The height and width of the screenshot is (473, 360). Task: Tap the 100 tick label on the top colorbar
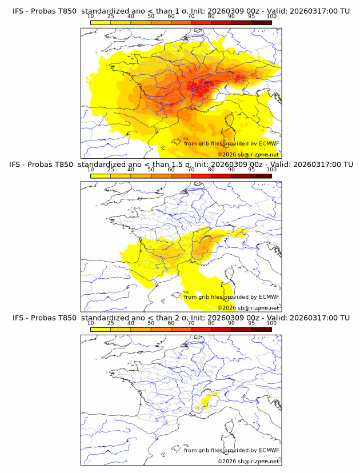271,16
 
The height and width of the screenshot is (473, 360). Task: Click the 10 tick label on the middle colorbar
90,170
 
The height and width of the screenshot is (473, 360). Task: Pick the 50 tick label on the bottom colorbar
151,323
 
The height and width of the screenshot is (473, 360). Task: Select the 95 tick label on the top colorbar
251,16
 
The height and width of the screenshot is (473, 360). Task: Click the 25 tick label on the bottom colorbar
110,323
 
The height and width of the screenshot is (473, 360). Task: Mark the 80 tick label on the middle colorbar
211,170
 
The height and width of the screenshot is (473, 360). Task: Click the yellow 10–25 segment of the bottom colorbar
100,329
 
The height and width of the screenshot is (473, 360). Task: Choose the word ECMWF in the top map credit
269,143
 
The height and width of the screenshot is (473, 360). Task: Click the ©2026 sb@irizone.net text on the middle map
248,308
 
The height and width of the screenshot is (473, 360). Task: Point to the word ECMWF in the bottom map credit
269,450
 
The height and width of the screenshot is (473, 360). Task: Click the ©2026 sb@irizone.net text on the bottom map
248,461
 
